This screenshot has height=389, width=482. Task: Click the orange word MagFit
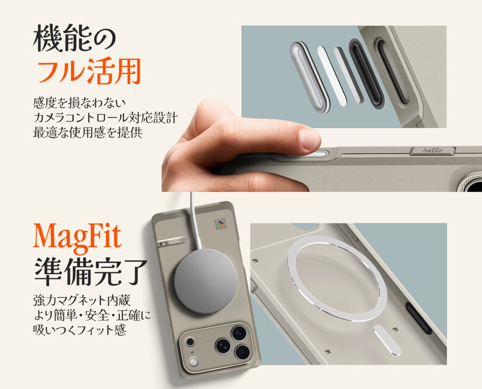click(x=77, y=236)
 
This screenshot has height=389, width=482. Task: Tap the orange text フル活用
click(x=89, y=71)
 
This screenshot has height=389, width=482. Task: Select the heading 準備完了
click(x=90, y=272)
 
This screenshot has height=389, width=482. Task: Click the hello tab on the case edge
click(x=432, y=151)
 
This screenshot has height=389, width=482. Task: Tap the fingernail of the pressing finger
click(x=310, y=138)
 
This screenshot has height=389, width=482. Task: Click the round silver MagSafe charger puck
click(x=205, y=281)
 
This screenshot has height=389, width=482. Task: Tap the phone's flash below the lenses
click(x=194, y=363)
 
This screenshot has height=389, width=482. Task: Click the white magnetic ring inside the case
click(x=337, y=279)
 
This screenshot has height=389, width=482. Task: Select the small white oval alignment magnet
click(x=387, y=340)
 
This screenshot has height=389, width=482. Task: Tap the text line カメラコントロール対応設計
click(x=105, y=117)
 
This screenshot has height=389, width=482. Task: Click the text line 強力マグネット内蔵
click(x=82, y=300)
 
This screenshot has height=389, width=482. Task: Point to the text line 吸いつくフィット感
click(x=79, y=330)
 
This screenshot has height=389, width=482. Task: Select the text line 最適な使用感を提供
click(x=88, y=133)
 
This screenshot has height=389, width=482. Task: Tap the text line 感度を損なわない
click(x=79, y=102)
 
